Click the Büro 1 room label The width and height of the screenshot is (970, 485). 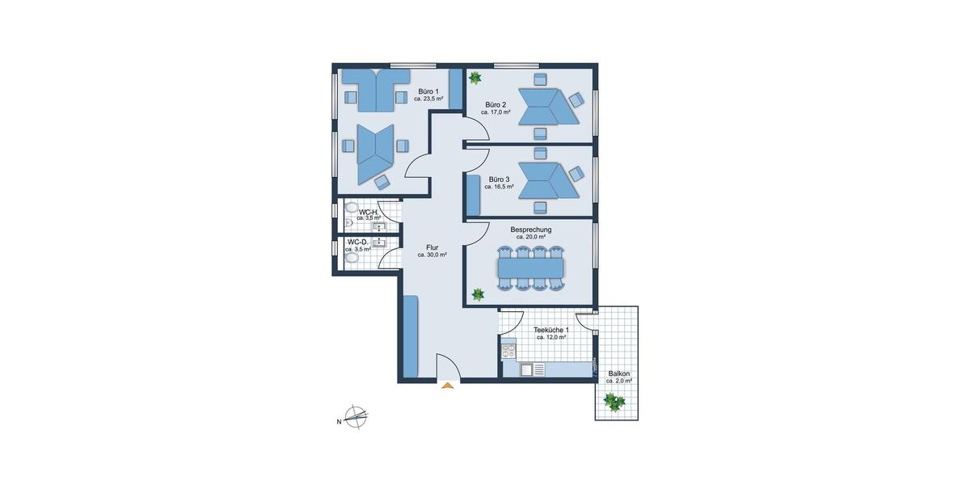(428, 92)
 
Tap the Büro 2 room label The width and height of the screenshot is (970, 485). (496, 105)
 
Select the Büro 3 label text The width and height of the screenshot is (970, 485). (499, 179)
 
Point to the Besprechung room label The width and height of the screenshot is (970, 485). (530, 230)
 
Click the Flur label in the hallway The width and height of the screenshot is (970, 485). (432, 247)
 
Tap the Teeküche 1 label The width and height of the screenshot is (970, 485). (551, 330)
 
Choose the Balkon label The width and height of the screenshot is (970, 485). (619, 373)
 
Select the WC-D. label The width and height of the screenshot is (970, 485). (358, 242)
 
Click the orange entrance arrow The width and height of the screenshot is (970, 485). (447, 386)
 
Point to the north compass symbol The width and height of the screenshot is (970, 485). (355, 418)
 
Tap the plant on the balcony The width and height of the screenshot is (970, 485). (614, 401)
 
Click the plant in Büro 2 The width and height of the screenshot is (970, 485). (475, 78)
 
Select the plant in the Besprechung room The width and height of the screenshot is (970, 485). (478, 293)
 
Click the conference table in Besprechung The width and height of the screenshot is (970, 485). (530, 266)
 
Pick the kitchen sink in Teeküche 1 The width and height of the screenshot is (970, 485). (526, 369)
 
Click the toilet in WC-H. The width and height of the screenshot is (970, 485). (349, 220)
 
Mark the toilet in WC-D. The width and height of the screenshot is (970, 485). (349, 257)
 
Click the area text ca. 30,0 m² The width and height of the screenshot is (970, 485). (432, 255)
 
